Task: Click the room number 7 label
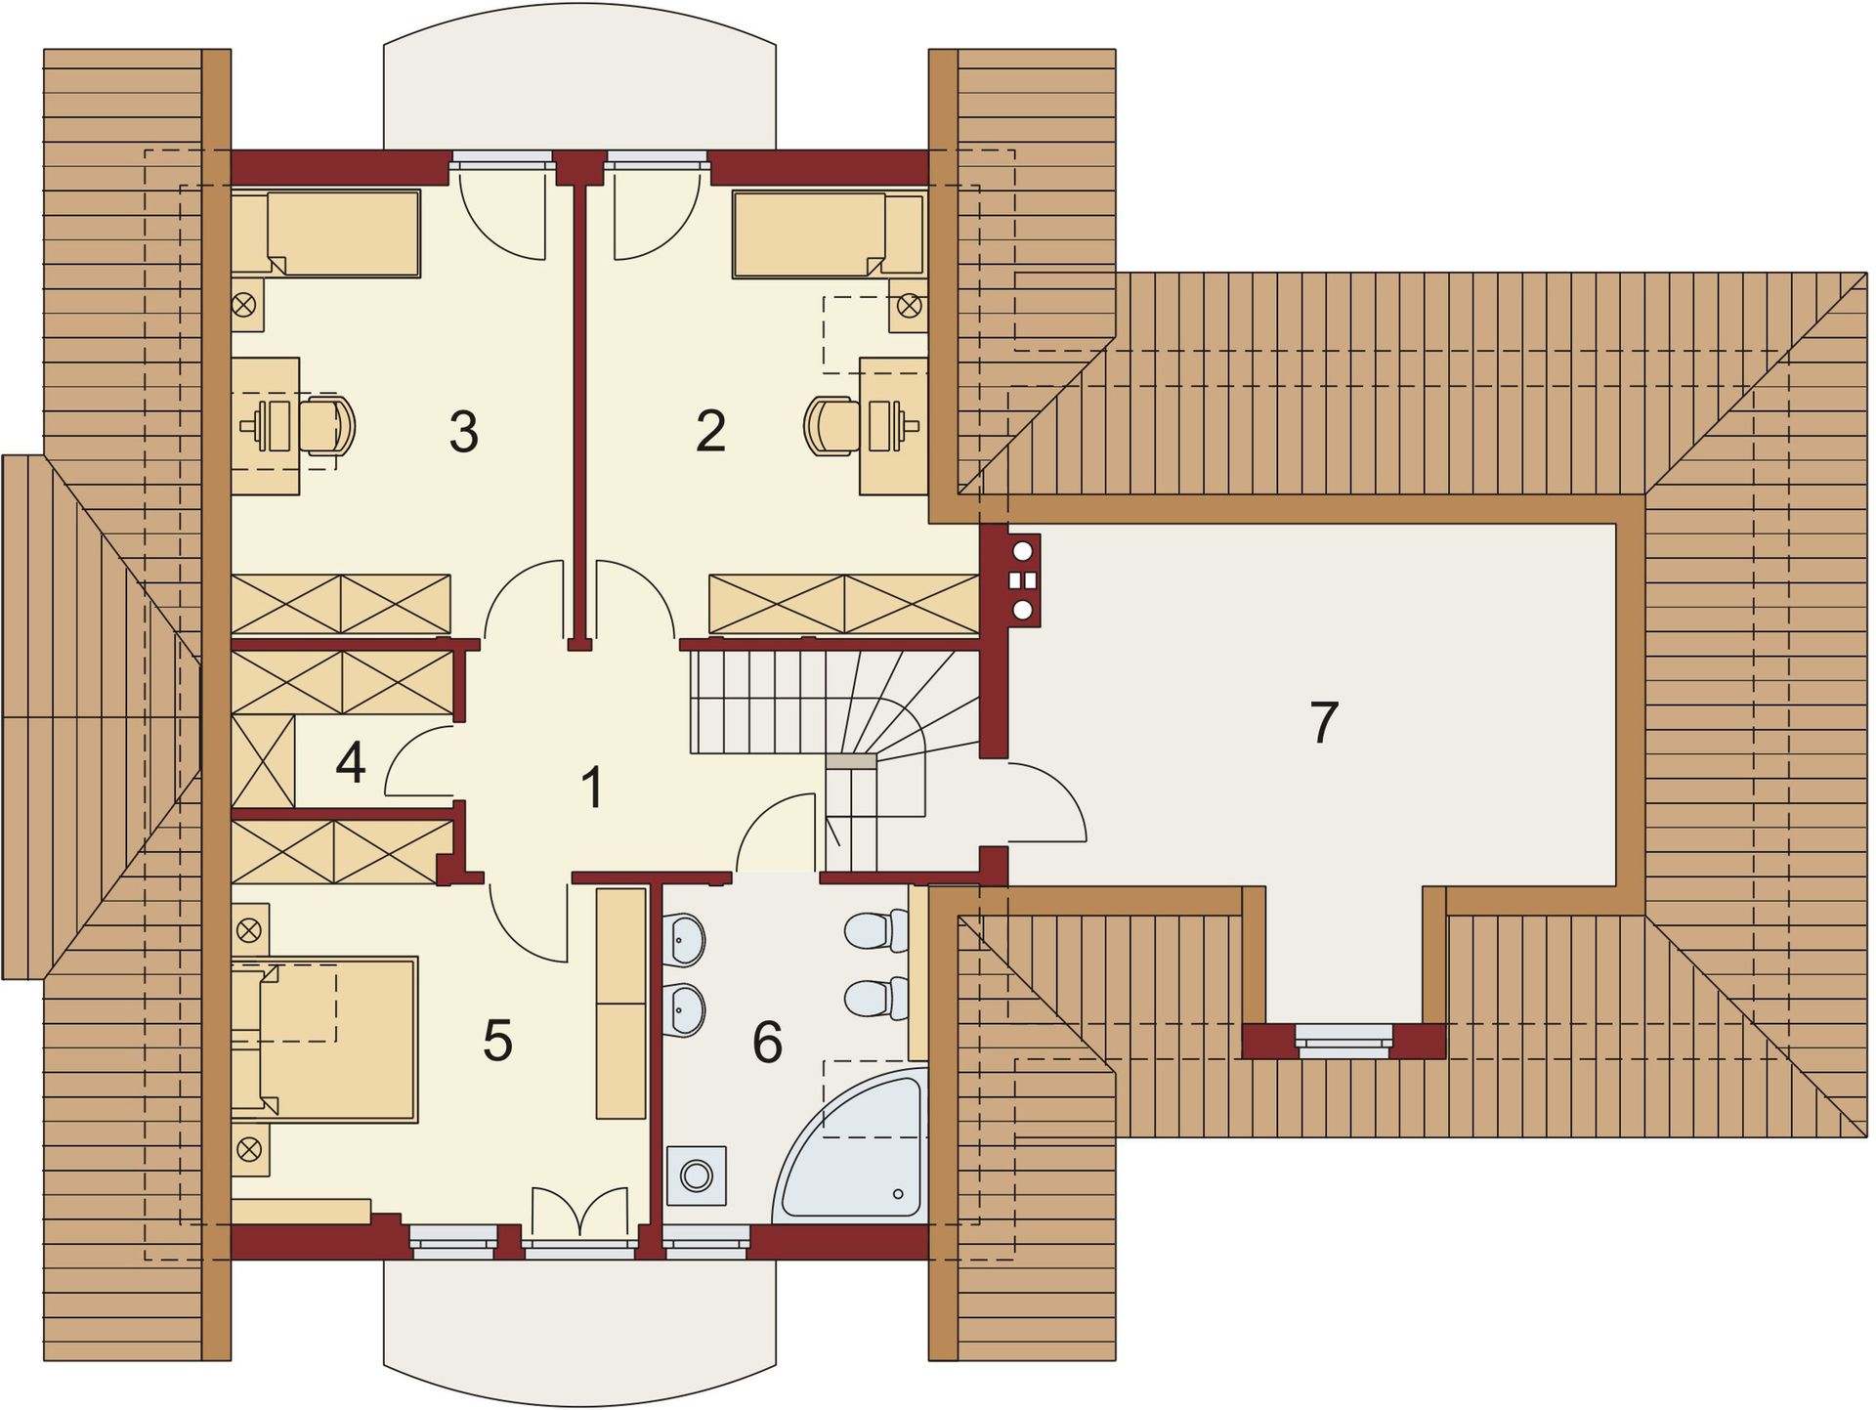pos(1323,723)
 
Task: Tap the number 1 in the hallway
pos(591,788)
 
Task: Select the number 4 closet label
pos(350,763)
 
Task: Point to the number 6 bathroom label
pos(767,1042)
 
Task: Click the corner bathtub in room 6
pos(860,1153)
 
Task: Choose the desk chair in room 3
pos(327,425)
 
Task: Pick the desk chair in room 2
pos(831,425)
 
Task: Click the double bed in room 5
pos(325,1039)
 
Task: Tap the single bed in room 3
pos(326,234)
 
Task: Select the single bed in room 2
pos(829,235)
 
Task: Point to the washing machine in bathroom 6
pos(697,1175)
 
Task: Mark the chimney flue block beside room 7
pos(1023,580)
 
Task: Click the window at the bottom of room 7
pos(1343,1041)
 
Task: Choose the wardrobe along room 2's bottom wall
pos(843,604)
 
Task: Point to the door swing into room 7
pos(1046,801)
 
